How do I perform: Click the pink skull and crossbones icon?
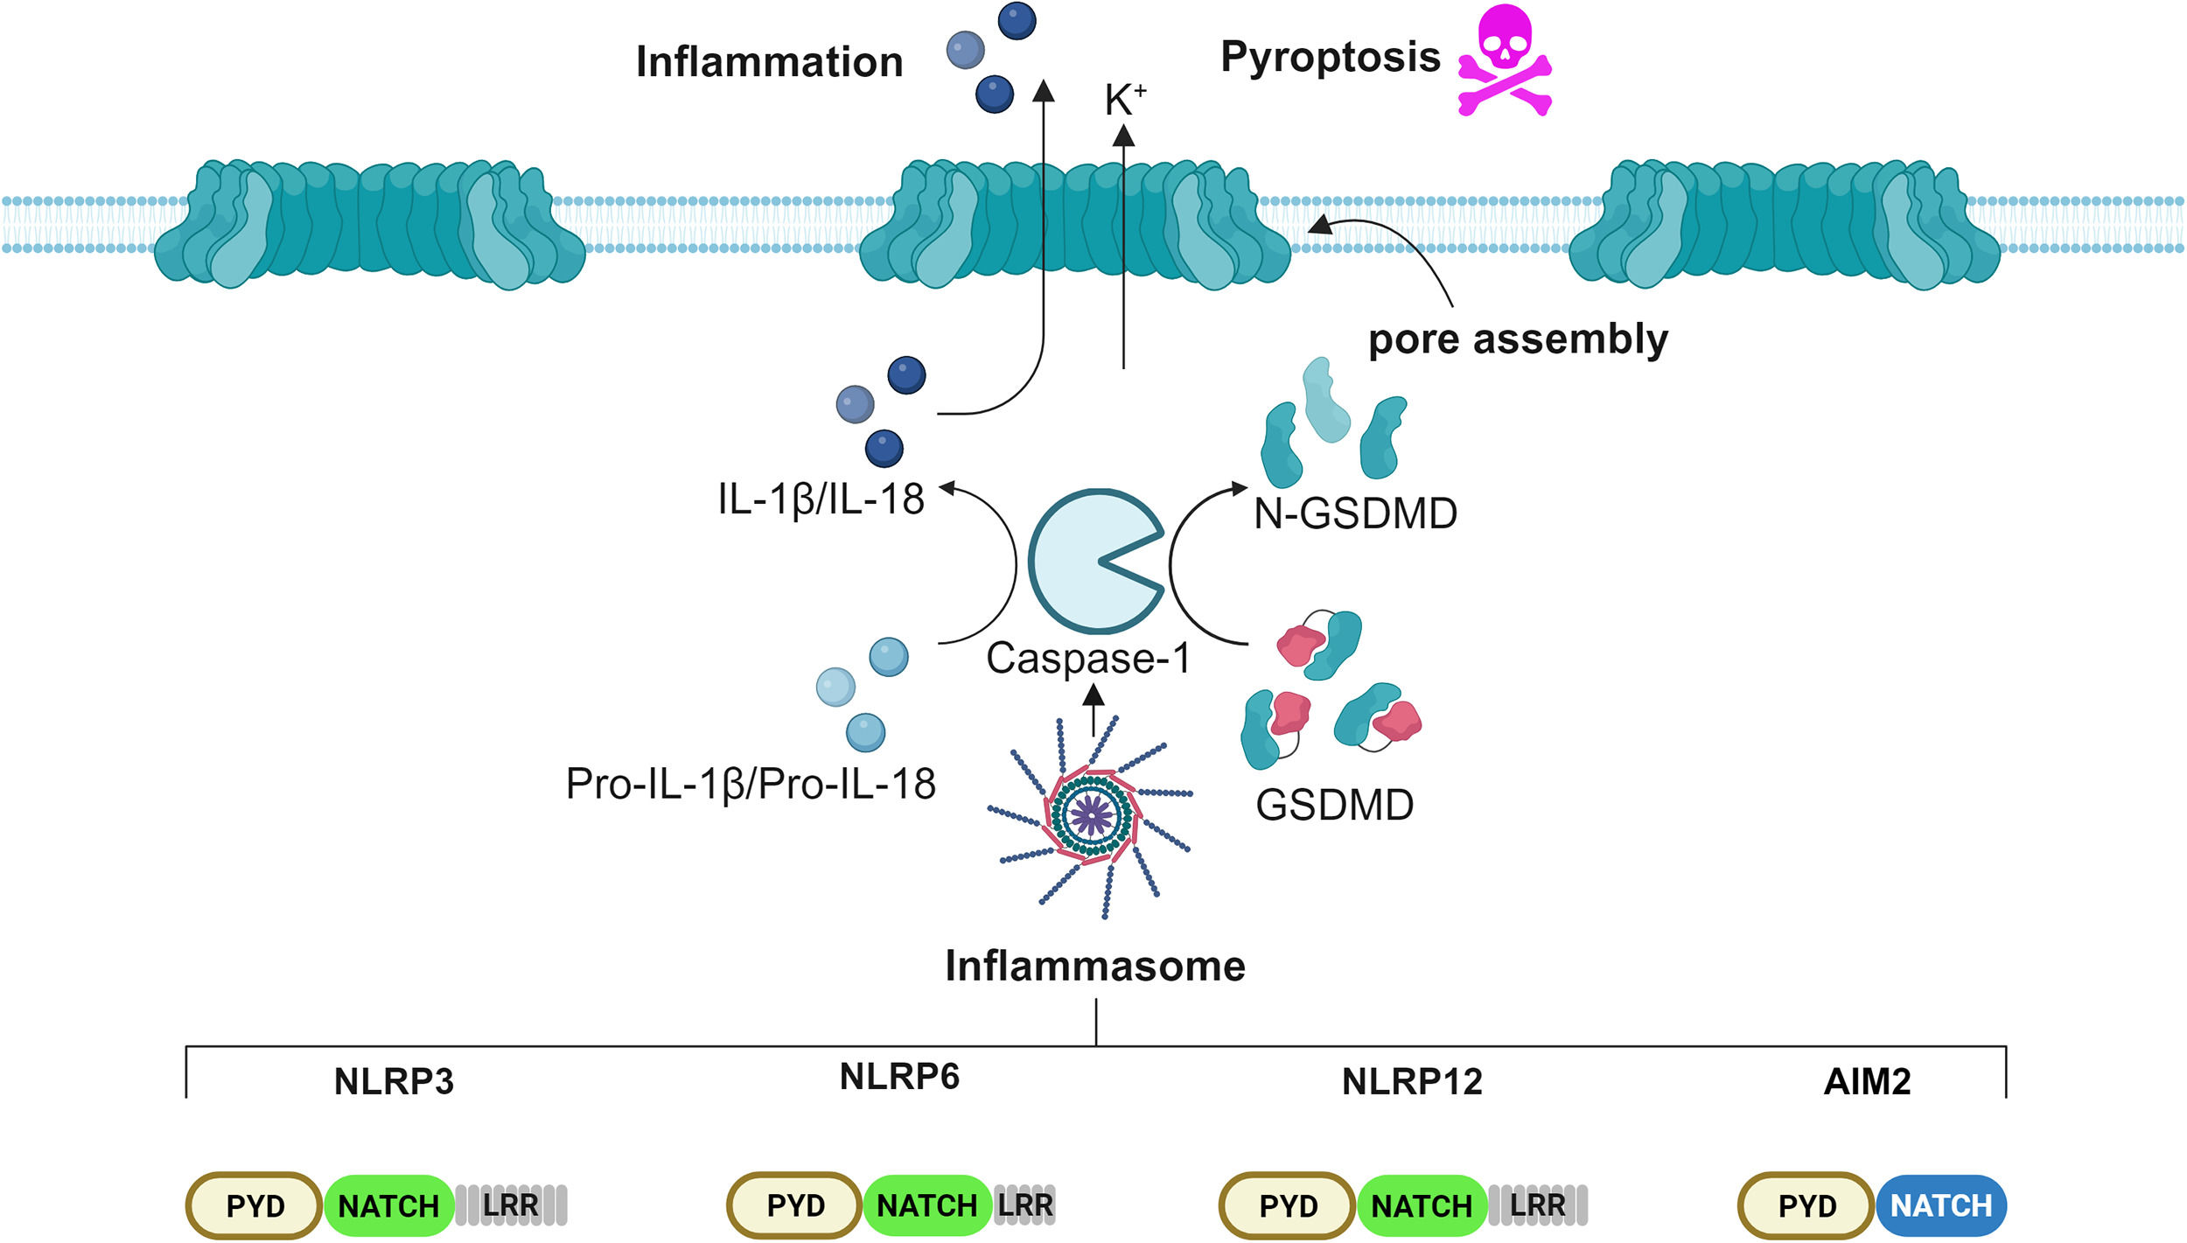coord(1505,60)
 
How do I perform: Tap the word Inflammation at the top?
coord(770,62)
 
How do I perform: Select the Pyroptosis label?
coord(1331,58)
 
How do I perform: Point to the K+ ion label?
coord(1126,100)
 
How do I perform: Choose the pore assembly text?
coord(1518,339)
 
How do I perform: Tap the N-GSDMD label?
coord(1355,513)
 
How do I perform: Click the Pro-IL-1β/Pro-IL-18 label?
coord(751,784)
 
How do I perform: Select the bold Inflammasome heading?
coord(1095,966)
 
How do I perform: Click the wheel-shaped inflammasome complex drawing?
coord(1092,816)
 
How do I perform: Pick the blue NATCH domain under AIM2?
coord(1941,1205)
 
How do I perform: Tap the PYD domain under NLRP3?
coord(255,1206)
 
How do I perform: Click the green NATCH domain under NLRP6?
coord(927,1205)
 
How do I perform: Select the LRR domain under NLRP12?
coord(1538,1205)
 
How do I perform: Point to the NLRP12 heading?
coord(1412,1082)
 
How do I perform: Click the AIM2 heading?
coord(1867,1082)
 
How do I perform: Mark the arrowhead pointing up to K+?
coord(1124,135)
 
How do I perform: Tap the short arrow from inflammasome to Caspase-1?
coord(1093,709)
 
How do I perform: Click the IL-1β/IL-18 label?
coord(821,499)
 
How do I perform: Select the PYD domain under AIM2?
coord(1806,1206)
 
